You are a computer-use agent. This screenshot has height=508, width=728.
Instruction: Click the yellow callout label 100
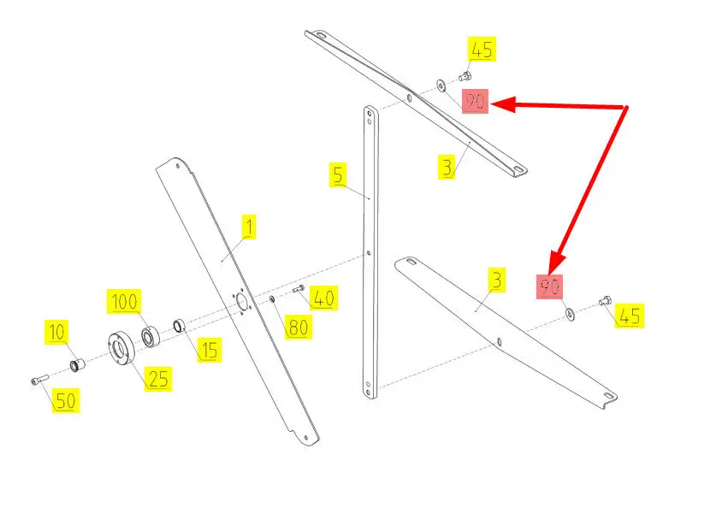click(124, 302)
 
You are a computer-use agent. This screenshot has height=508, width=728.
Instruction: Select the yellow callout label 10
click(56, 332)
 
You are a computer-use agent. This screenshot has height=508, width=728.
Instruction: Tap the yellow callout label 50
click(66, 400)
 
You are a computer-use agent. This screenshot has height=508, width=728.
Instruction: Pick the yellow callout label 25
click(158, 379)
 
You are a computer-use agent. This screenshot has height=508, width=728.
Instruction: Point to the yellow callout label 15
click(209, 350)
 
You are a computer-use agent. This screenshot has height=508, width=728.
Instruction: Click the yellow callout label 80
click(298, 327)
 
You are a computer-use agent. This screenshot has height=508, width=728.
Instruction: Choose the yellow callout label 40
click(323, 298)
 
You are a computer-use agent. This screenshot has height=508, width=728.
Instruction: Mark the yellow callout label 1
click(249, 227)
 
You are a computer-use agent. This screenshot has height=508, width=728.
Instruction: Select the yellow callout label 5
click(338, 174)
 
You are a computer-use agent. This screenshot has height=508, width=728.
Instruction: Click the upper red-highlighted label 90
click(475, 101)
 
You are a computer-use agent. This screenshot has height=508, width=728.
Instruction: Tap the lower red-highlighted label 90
click(550, 286)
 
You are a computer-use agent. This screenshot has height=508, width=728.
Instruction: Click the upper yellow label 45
click(481, 49)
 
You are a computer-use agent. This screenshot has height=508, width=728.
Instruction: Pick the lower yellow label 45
click(630, 316)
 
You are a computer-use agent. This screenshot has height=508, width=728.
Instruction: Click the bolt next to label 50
click(39, 380)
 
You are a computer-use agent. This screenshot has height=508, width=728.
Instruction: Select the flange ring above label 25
click(119, 348)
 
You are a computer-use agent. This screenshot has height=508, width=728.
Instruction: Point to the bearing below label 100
click(151, 336)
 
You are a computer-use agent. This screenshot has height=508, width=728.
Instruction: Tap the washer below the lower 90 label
click(569, 315)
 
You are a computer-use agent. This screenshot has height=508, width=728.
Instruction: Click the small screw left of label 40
click(298, 289)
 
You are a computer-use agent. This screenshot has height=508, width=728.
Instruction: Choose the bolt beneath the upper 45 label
click(465, 76)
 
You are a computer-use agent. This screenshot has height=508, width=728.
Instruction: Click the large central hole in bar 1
click(242, 302)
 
